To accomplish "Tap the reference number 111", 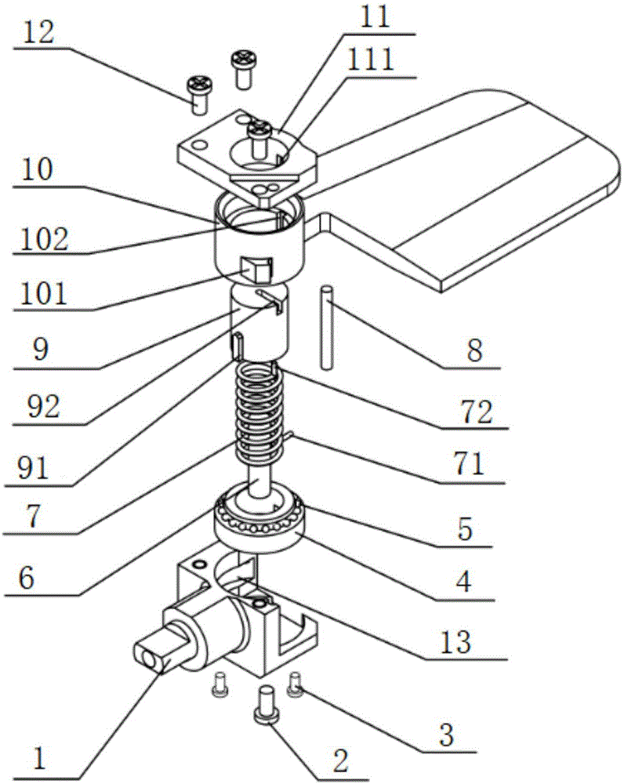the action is click(371, 60).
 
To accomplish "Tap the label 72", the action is click(477, 412).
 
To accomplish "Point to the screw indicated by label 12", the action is click(199, 95).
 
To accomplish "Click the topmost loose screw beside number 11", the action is click(243, 70).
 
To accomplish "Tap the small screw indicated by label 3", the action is click(295, 684).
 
